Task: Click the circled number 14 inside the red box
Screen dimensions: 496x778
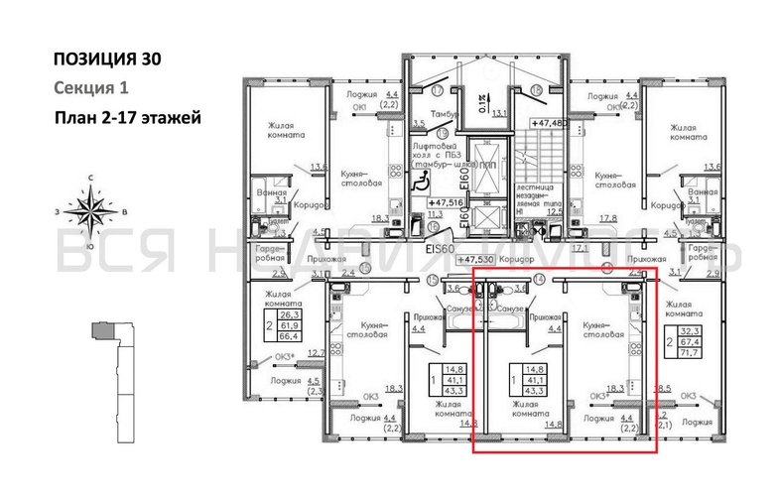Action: coord(539,280)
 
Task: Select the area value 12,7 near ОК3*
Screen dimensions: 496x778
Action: coord(317,353)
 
